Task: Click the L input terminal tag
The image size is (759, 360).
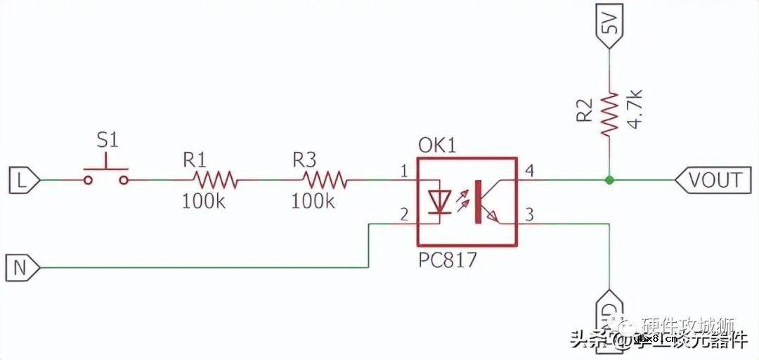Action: pos(22,180)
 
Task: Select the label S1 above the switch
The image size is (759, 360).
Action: pos(107,140)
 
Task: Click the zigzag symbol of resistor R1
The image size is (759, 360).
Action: pos(214,181)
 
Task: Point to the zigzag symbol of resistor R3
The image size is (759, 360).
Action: pos(323,181)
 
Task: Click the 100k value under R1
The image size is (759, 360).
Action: pos(203,201)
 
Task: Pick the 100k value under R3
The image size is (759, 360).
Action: pos(313,201)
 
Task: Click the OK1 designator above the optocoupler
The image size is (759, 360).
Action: pos(437,146)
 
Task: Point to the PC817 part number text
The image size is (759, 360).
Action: pos(447,259)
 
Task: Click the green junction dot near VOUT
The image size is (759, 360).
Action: pos(609,180)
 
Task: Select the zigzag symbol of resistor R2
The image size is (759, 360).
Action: pos(609,112)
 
